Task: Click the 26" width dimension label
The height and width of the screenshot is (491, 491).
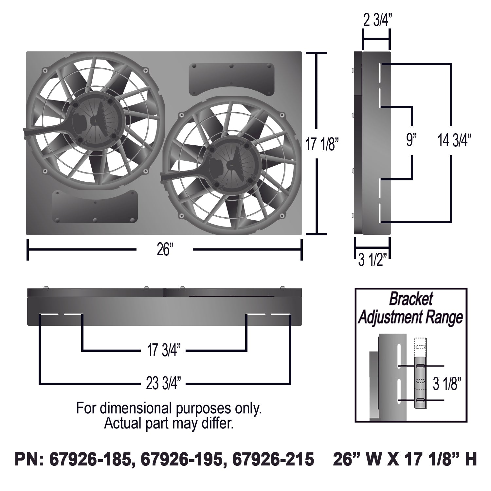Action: [165, 250]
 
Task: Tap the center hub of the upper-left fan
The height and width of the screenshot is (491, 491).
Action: [95, 121]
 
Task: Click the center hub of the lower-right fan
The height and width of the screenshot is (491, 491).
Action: [232, 166]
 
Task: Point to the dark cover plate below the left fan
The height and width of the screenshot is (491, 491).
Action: [95, 206]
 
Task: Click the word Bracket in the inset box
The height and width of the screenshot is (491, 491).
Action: [411, 299]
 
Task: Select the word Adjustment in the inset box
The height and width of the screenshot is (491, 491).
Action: [391, 317]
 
